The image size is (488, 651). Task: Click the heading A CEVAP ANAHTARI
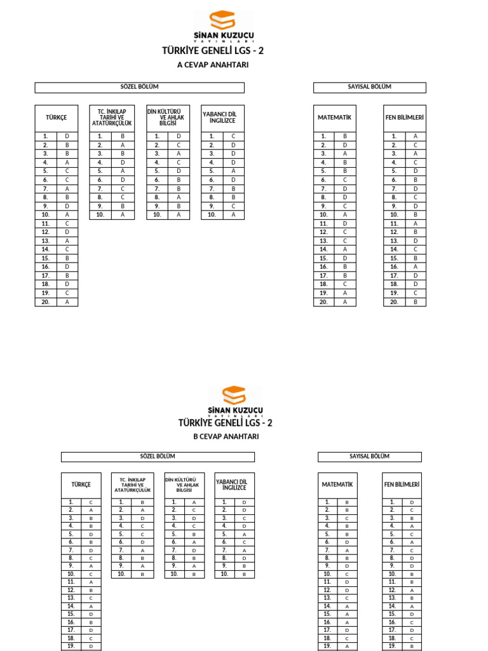point(212,65)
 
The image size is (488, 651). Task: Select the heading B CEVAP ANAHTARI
point(226,437)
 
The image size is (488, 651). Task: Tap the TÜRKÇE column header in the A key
point(56,118)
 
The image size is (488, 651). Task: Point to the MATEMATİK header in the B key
point(337,484)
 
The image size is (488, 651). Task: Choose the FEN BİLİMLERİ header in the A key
point(404,118)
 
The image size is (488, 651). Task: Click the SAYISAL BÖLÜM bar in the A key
point(369,87)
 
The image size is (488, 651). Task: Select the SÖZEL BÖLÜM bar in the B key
point(158,456)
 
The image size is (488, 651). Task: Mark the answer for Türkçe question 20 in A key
point(67,302)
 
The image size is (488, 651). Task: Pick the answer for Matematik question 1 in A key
point(345,136)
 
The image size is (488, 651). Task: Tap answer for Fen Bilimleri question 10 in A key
point(416,215)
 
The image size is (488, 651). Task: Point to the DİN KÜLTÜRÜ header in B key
point(184,484)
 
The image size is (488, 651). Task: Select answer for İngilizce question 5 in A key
point(234,171)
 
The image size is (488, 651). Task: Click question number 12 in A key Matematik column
point(323,232)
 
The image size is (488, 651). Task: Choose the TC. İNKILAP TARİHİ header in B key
point(132,484)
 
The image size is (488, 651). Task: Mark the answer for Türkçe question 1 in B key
point(91,502)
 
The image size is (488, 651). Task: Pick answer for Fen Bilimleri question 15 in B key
point(412,614)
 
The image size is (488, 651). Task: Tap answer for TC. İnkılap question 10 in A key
point(123,215)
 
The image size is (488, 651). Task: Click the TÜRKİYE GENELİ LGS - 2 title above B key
point(226,423)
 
